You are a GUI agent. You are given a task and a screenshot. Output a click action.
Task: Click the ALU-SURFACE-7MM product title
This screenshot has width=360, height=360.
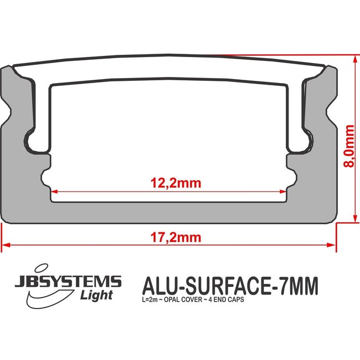230,286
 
